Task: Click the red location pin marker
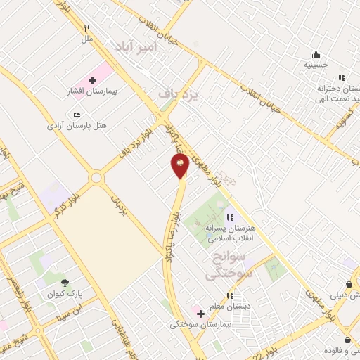(180, 166)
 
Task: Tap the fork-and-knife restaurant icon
(87, 29)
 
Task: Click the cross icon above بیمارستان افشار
(91, 80)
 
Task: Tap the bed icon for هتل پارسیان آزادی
(77, 115)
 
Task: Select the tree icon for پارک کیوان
(65, 283)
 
